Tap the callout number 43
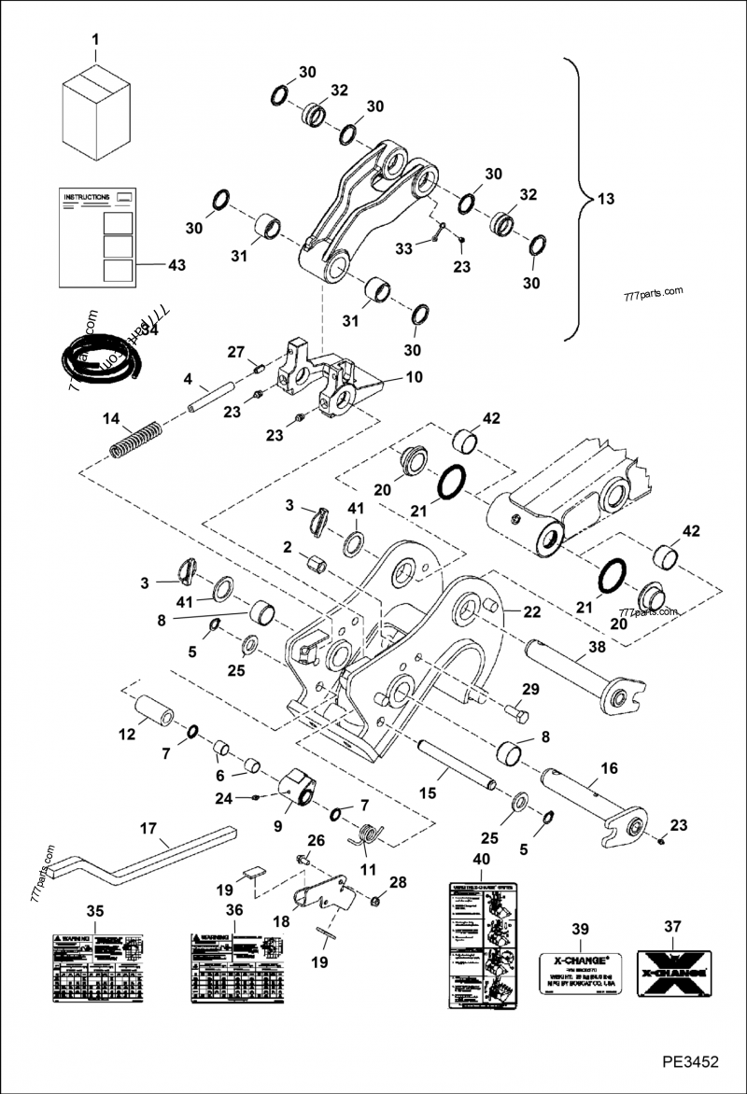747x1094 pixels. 176,265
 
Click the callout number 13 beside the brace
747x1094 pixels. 606,199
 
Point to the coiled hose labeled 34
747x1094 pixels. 100,358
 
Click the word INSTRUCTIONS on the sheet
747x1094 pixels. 86,198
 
